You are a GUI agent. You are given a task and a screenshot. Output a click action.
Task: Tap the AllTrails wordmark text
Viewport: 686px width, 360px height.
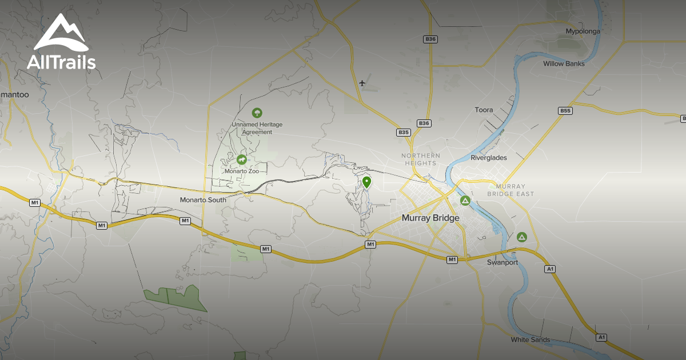point(61,62)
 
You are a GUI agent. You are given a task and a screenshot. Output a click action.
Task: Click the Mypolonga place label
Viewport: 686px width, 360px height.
point(583,31)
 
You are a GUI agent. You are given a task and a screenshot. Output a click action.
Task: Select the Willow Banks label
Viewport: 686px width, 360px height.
point(564,63)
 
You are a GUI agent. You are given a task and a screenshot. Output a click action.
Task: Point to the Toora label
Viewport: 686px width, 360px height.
point(484,110)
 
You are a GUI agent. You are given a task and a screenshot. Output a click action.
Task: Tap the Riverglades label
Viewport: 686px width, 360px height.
point(489,158)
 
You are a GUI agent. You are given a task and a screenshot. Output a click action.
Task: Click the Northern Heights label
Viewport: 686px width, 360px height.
point(421,159)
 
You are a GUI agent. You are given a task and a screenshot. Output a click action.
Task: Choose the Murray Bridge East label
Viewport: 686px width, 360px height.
point(510,190)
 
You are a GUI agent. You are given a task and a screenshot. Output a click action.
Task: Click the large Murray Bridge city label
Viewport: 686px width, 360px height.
point(430,218)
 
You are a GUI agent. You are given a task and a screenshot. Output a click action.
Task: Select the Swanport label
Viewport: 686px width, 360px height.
point(502,263)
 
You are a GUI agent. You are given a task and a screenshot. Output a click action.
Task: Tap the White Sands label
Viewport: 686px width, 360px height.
point(531,340)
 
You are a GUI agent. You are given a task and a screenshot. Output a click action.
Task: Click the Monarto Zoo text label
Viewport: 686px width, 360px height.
point(241,171)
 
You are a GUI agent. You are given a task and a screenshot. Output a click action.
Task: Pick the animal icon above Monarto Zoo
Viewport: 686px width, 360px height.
point(242,160)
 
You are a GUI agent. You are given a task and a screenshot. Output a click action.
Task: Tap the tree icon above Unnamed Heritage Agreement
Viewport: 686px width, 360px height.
point(257,113)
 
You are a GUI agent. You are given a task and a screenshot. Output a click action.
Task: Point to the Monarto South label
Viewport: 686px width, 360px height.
point(203,200)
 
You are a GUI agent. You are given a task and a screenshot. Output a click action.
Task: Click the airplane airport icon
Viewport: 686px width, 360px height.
point(362,83)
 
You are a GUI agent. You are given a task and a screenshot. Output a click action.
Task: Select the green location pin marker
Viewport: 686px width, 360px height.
point(366,182)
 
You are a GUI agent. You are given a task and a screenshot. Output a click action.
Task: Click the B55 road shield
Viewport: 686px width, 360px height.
point(565,110)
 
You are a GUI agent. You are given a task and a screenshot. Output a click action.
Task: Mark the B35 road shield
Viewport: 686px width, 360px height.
point(404,133)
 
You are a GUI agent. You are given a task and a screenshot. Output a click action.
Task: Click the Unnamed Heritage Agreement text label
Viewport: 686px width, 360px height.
point(257,128)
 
